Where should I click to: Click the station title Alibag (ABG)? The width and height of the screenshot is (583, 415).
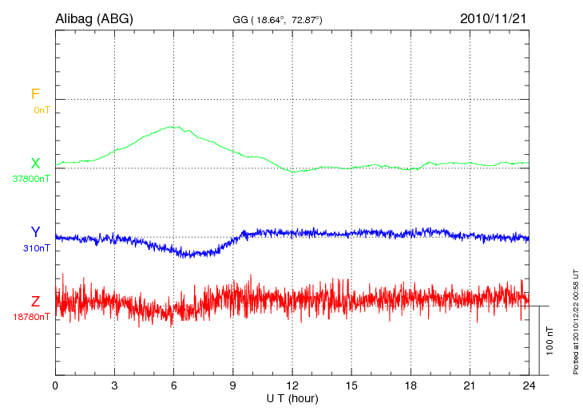coord(93,18)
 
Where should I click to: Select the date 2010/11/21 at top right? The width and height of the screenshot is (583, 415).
coord(494,18)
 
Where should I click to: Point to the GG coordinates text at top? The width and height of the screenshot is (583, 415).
coord(276,18)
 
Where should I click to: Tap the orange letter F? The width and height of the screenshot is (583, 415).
coord(35,94)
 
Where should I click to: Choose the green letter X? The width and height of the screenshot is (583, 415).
coord(35,164)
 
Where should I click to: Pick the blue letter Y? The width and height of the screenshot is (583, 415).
coord(35,232)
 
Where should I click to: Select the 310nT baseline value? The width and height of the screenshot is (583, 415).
coord(37,248)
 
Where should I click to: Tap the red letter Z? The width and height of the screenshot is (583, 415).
coord(35,302)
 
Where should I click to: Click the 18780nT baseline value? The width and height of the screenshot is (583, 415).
coord(33,317)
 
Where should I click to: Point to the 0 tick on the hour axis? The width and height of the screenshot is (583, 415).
coord(55,385)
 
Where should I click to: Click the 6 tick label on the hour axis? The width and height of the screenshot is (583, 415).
coord(173,385)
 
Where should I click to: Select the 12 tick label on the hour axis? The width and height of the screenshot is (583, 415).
coord(292,385)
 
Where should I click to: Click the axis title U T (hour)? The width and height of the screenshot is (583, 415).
coord(292,397)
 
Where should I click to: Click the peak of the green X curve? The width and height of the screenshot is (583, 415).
coord(171,126)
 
